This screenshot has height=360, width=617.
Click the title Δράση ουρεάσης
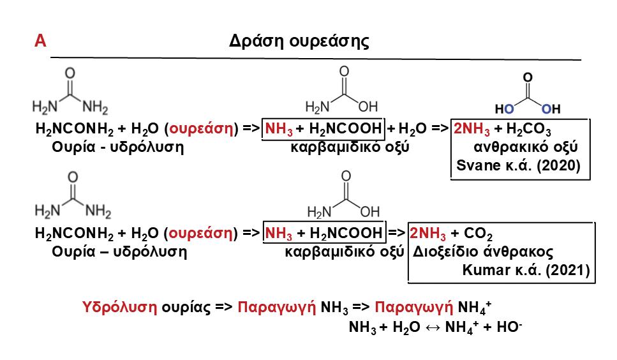[299, 41]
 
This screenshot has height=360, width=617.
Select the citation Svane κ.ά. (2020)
[518, 167]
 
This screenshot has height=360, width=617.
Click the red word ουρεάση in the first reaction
[200, 128]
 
